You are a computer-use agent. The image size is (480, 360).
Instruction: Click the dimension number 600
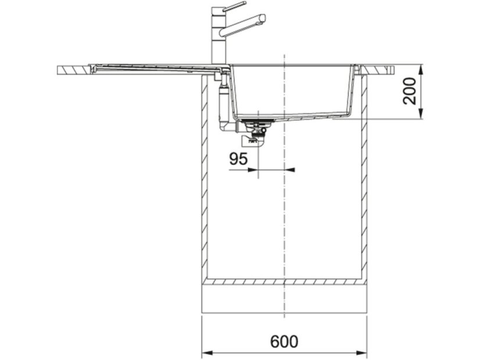pyautogui.click(x=284, y=341)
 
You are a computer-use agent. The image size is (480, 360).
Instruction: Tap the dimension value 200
pyautogui.click(x=410, y=91)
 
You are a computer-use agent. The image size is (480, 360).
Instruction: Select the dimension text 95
pyautogui.click(x=238, y=159)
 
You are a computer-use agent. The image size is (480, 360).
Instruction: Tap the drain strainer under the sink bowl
pyautogui.click(x=254, y=123)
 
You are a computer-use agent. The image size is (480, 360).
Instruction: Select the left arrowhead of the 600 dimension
pyautogui.click(x=206, y=352)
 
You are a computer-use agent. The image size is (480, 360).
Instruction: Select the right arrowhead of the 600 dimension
pyautogui.click(x=363, y=352)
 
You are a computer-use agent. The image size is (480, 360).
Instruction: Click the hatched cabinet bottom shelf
pyautogui.click(x=284, y=282)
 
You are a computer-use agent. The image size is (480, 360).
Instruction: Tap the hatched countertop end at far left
pyautogui.click(x=73, y=70)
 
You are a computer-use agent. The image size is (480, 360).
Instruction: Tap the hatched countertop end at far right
pyautogui.click(x=381, y=70)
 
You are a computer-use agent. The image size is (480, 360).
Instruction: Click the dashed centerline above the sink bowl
pyautogui.click(x=284, y=58)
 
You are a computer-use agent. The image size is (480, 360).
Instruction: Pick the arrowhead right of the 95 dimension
pyautogui.click(x=291, y=170)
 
